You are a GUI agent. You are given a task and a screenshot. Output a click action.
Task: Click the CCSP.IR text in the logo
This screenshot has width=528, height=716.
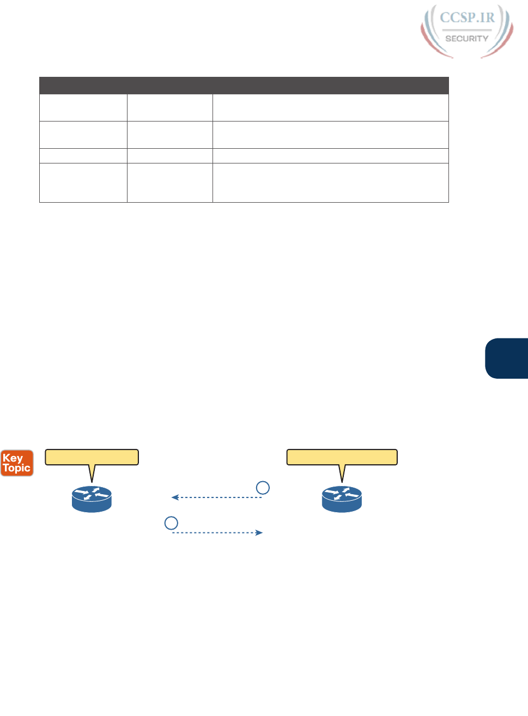pos(467,17)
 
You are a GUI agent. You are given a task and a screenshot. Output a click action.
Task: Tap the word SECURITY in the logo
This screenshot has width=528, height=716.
pos(467,39)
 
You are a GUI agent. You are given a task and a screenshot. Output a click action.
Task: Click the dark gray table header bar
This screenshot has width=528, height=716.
pos(244,86)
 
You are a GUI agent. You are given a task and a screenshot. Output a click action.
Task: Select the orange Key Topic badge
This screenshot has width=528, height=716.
pos(17,463)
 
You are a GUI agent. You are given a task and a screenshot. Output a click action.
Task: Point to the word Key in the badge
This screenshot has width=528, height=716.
pos(13,458)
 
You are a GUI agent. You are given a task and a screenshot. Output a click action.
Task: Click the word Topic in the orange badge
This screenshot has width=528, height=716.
pos(17,468)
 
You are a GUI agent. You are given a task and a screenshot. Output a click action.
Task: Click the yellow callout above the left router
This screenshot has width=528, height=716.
pos(92,457)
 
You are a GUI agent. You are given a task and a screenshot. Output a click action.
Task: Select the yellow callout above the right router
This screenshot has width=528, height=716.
pos(342,457)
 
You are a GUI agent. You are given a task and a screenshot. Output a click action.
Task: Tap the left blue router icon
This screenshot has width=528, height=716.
pos(92,499)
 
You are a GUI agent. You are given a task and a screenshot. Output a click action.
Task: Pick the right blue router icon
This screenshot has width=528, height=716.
pos(342,499)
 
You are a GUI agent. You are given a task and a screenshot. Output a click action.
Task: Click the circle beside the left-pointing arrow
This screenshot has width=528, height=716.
pos(263,488)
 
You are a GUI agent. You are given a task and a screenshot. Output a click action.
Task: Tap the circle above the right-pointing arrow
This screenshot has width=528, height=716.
pos(171,523)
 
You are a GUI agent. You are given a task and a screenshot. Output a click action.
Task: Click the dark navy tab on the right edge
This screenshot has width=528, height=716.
pos(507,358)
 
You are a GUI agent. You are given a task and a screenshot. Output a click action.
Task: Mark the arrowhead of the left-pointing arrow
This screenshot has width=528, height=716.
pos(174,497)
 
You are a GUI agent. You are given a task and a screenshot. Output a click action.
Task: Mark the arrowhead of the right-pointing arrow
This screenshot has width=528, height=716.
pos(260,532)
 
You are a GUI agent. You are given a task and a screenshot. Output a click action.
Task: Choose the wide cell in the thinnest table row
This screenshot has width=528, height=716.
pos(330,156)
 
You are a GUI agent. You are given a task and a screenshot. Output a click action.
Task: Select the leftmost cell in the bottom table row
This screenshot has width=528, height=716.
pos(83,183)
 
